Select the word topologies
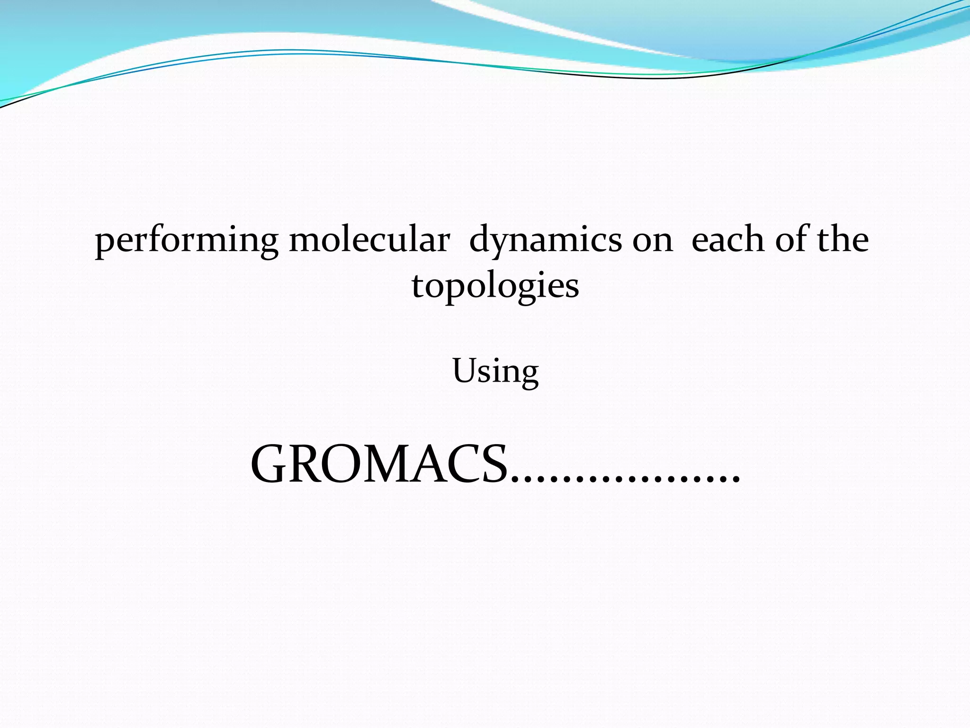pos(495,287)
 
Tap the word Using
pos(495,372)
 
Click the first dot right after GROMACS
pos(515,481)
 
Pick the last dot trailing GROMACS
pos(736,481)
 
